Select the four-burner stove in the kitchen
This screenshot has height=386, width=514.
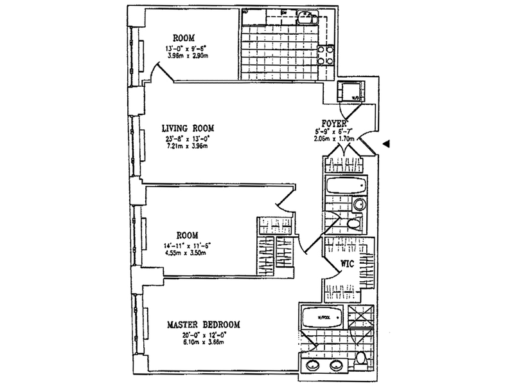click(x=326, y=57)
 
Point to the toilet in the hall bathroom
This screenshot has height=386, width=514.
click(x=353, y=225)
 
